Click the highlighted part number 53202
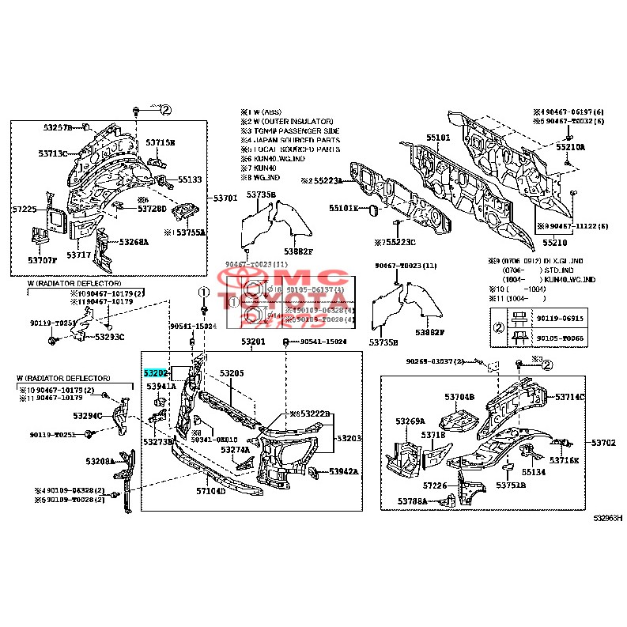click(x=156, y=372)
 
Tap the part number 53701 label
click(x=226, y=198)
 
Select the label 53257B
click(x=57, y=127)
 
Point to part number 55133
click(x=189, y=179)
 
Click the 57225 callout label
click(x=25, y=209)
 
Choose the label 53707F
click(x=43, y=260)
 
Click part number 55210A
click(x=569, y=147)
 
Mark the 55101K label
click(x=344, y=208)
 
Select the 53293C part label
click(x=110, y=337)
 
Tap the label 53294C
click(x=88, y=415)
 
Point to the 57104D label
click(x=211, y=491)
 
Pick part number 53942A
click(x=344, y=471)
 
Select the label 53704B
click(x=459, y=396)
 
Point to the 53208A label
click(x=100, y=460)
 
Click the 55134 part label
click(x=533, y=472)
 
